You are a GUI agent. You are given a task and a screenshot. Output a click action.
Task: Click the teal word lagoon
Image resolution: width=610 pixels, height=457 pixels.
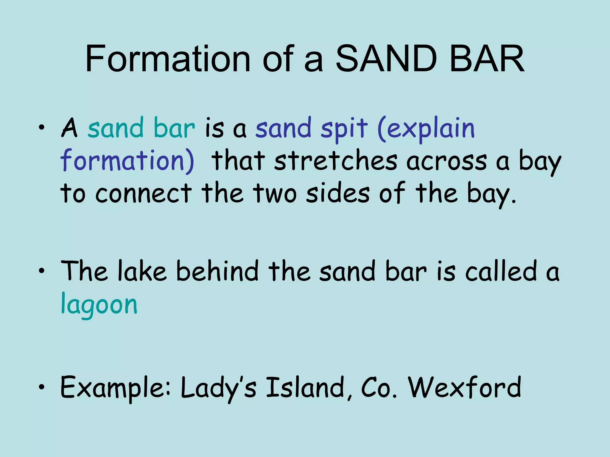pos(99,305)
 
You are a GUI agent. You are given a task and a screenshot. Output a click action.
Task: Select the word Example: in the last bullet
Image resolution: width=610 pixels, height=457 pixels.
pos(115,388)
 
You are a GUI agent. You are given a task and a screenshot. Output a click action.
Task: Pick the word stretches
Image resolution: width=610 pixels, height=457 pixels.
pos(336,161)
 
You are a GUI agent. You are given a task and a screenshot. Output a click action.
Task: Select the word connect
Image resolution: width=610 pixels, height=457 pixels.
pos(144,193)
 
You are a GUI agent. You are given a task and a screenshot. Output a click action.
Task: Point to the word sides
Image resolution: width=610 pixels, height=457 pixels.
pos(338,193)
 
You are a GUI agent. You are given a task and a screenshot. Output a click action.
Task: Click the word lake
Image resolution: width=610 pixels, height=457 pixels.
pos(142,271)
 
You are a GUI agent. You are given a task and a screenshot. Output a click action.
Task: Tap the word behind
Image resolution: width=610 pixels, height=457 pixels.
pos(217,271)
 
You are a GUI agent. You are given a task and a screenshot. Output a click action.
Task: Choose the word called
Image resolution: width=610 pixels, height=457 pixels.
pos(501,271)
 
